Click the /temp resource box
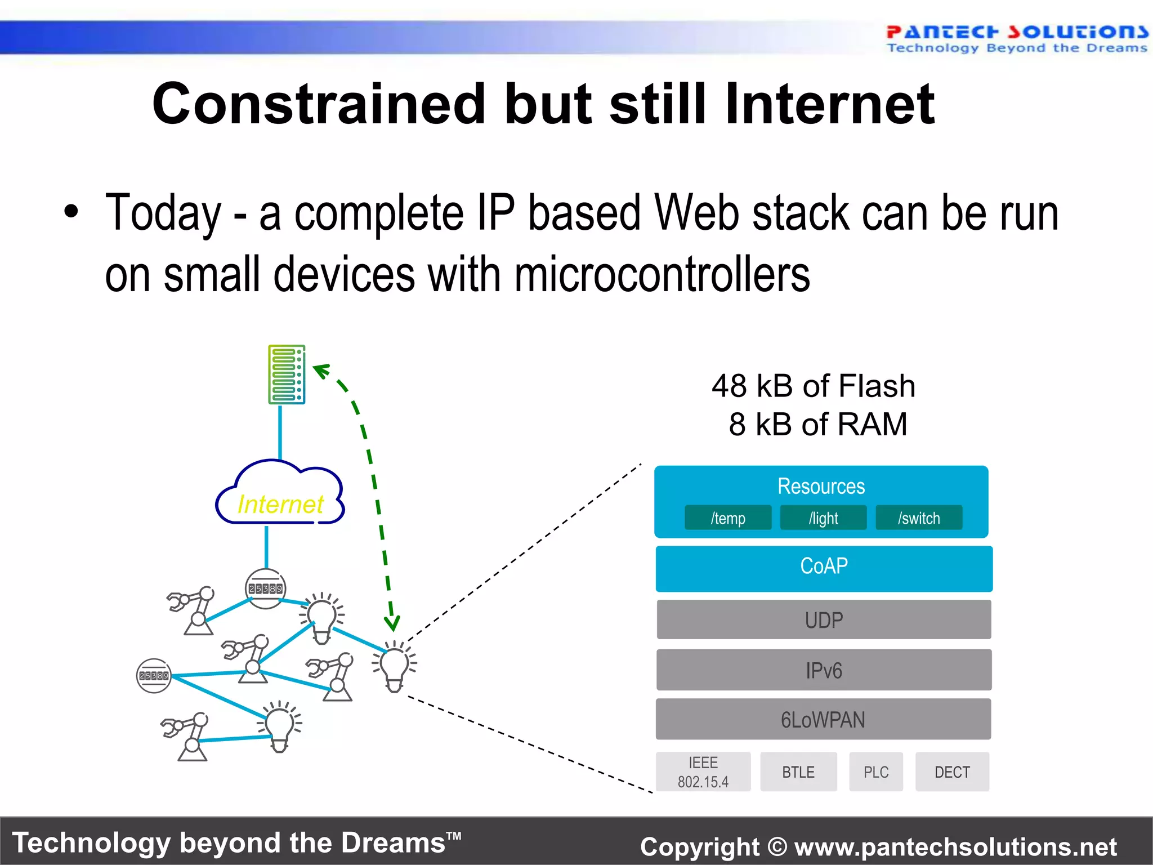pos(727,518)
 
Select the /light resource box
pos(823,518)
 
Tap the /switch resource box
pos(918,518)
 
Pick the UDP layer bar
pos(824,619)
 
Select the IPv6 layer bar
pos(824,670)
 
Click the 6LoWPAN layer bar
pos(823,719)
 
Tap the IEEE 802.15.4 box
pos(703,772)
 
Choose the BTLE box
pos(798,772)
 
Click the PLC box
pos(876,772)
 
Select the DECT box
pos(952,772)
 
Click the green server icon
pos(287,374)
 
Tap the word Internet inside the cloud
pos(280,504)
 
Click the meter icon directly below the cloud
pos(266,588)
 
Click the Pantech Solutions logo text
pos(1017,32)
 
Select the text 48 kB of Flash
pos(813,386)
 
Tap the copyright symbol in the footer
pos(777,847)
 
